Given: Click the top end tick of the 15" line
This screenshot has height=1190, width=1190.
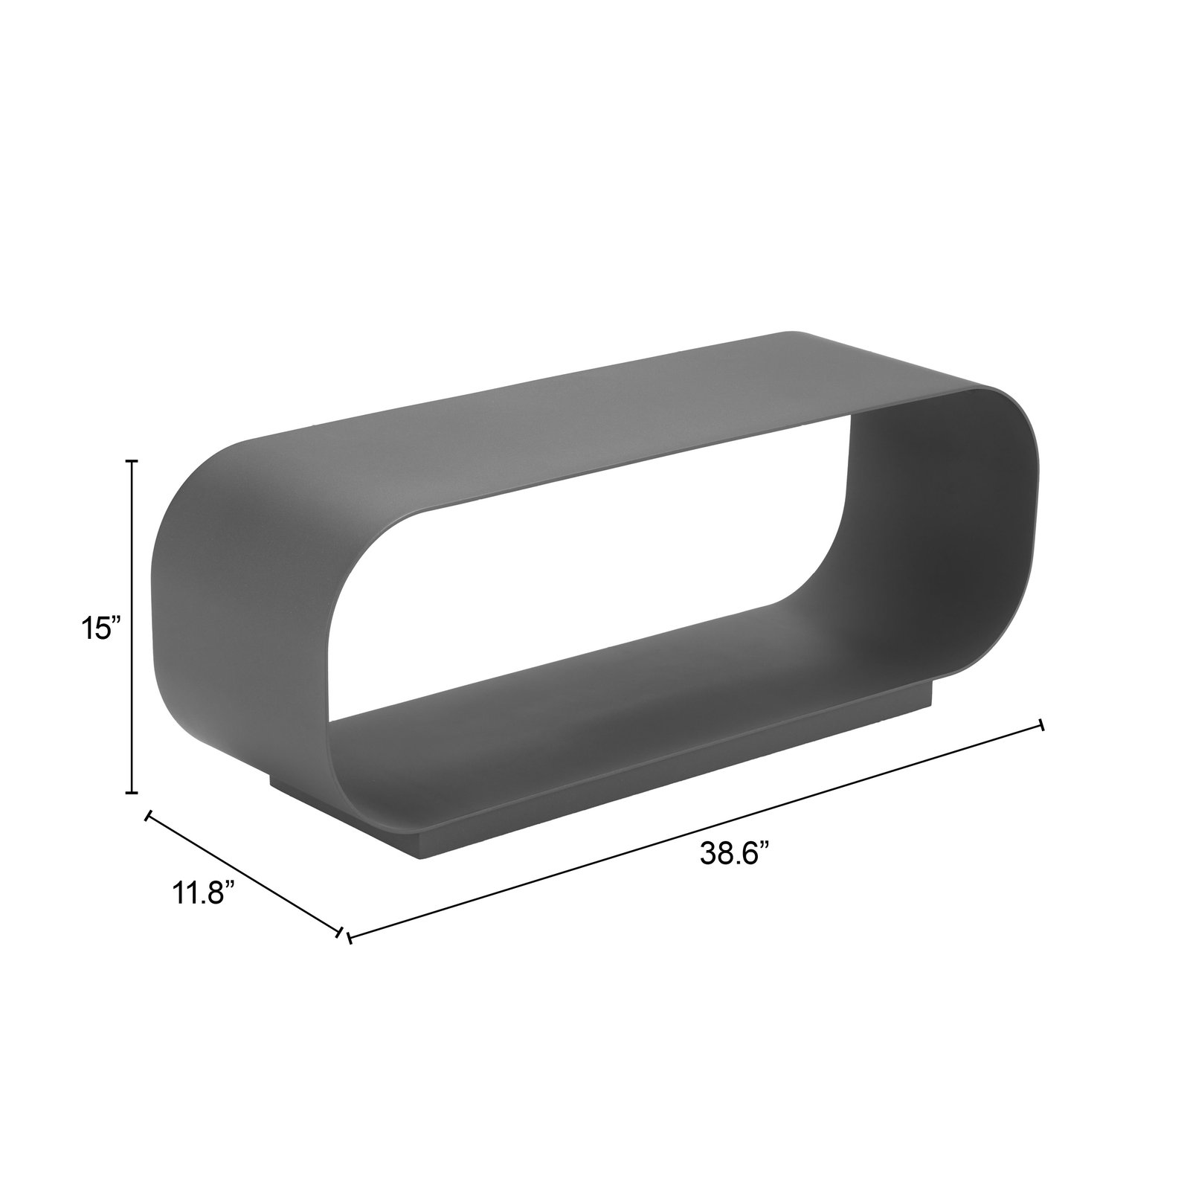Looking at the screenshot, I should pos(133,462).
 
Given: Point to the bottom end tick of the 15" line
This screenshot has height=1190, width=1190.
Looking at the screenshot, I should pos(133,794).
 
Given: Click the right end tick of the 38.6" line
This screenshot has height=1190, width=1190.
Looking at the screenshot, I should pos(1041,724).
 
